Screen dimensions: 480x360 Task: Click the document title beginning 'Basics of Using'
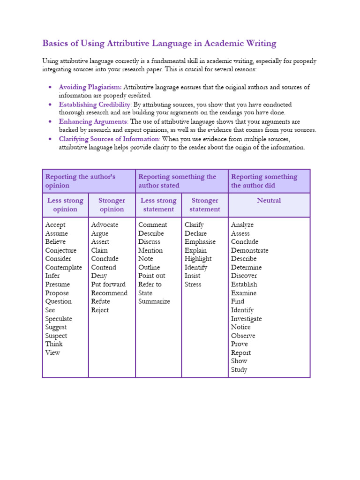(x=159, y=44)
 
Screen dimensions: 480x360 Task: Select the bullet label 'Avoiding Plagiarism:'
(x=90, y=87)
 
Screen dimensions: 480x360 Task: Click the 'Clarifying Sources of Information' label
(x=109, y=139)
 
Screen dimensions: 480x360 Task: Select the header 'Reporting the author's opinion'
(x=80, y=181)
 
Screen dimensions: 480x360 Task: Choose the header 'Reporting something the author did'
(x=264, y=181)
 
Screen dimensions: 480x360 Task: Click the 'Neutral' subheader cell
(x=269, y=201)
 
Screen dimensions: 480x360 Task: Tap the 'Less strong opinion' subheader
(x=65, y=205)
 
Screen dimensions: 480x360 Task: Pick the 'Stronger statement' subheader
(x=205, y=205)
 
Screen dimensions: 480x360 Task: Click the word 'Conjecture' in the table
(x=60, y=250)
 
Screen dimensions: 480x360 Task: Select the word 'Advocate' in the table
(x=105, y=225)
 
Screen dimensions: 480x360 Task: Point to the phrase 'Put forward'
(x=108, y=285)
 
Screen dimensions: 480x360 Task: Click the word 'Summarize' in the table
(x=154, y=301)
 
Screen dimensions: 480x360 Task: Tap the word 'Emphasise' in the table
(x=200, y=242)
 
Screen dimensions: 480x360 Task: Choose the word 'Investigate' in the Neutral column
(x=246, y=319)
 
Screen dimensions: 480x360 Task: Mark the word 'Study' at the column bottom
(x=239, y=370)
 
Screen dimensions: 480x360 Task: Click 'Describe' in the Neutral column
(x=244, y=259)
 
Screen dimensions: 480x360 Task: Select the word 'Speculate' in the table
(x=59, y=319)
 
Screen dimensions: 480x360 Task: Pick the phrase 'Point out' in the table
(x=151, y=276)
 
